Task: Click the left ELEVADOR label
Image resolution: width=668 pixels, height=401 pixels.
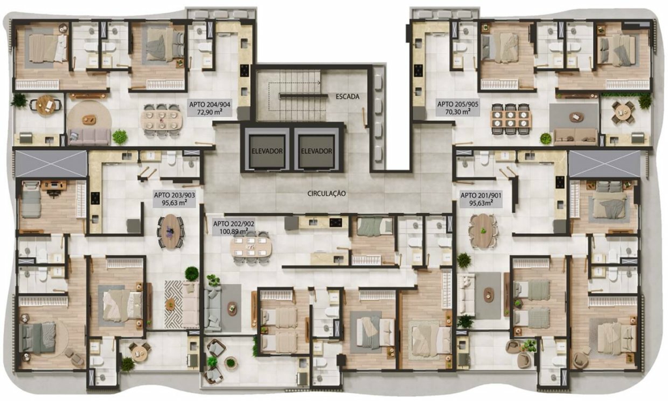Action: click(267, 151)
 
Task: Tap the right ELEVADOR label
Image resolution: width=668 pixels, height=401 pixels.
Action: click(316, 151)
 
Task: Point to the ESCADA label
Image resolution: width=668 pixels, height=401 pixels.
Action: click(348, 97)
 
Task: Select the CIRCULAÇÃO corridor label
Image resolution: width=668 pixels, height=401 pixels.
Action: click(327, 194)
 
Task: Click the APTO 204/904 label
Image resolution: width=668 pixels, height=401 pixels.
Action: click(210, 104)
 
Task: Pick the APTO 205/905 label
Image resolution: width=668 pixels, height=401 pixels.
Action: click(457, 104)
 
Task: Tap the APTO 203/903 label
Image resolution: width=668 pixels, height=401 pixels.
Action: click(175, 195)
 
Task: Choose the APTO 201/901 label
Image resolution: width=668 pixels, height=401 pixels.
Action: click(481, 195)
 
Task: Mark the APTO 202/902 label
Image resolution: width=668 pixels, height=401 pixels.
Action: click(234, 223)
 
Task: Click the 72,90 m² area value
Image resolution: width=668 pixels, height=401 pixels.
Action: click(210, 112)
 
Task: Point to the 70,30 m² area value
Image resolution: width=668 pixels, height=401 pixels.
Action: click(457, 112)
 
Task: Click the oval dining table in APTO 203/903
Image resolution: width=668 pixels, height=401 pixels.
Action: click(171, 232)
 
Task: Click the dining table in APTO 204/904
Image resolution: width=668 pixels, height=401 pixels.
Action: click(162, 120)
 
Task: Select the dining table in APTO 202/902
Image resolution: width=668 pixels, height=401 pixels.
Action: click(251, 247)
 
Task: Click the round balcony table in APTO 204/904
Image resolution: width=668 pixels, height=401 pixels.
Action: click(46, 105)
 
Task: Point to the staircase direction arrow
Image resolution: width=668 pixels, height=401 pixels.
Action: click(295, 83)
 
